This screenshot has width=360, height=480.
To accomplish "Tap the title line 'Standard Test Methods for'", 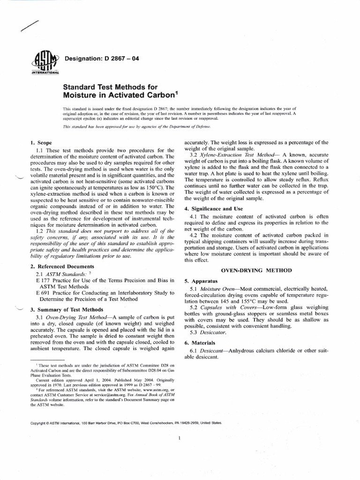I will point(110,87).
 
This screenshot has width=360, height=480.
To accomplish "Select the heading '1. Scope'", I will point(41,142).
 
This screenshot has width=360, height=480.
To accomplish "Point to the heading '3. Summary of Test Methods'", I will point(66,310).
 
